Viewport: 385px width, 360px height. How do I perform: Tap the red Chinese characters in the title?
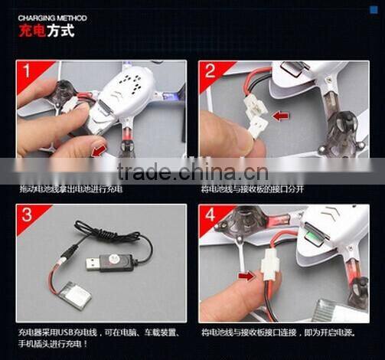pos(33,33)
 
